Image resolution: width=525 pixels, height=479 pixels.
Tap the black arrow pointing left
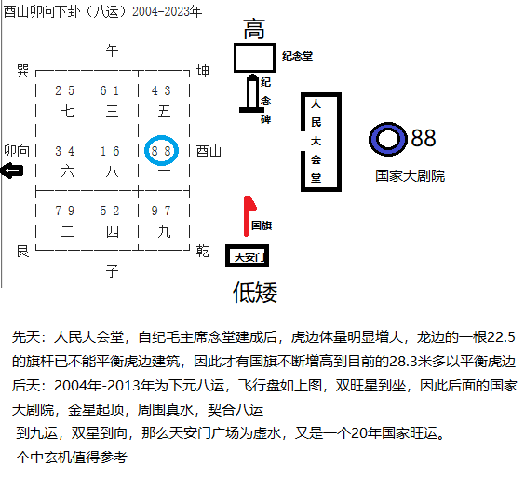pos(12,171)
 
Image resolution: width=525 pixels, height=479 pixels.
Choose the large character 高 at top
pos(254,29)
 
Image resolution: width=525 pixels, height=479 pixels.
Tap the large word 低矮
pos(255,293)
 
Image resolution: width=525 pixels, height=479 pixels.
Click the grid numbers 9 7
pos(161,211)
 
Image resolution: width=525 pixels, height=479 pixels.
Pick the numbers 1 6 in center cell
pos(110,151)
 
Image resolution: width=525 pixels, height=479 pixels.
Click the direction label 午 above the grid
pos(112,51)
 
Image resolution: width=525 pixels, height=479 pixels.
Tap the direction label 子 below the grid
pos(112,270)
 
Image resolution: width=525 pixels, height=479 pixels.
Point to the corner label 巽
pos(22,71)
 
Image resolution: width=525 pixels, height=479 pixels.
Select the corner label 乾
pos(203,251)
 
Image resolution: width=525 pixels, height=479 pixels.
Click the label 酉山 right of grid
pos(209,152)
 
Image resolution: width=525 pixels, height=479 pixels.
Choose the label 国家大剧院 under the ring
pos(411,176)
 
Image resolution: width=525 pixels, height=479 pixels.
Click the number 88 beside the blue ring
pos(424,138)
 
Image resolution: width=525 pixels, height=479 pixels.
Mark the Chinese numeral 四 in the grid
pos(112,231)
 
